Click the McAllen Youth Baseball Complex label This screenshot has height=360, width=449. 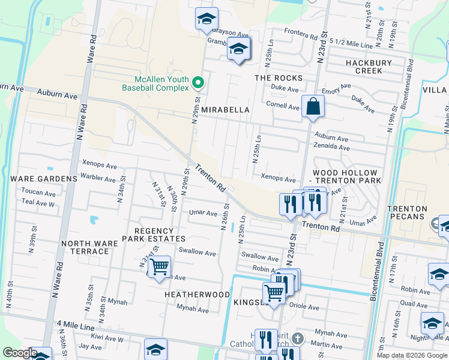(155, 83)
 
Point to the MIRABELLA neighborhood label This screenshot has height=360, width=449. (225, 110)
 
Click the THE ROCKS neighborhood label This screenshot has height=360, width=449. (279, 78)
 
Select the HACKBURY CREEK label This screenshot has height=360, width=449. (369, 67)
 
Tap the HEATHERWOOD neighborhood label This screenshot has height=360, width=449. (197, 295)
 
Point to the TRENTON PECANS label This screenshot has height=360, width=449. (407, 212)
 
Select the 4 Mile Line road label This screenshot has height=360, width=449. (76, 327)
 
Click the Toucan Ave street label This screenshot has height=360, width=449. (38, 193)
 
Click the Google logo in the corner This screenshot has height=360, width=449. (20, 353)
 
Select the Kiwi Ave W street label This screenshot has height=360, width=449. (109, 339)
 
